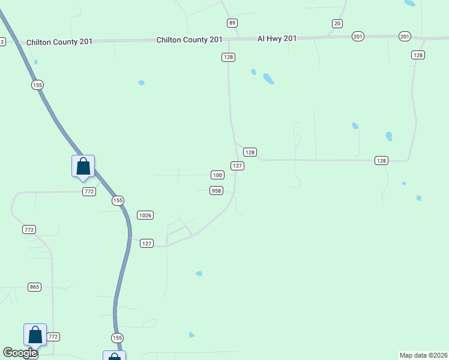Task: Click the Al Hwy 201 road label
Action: [277, 38]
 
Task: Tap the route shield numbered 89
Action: [232, 23]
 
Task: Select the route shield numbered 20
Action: [337, 23]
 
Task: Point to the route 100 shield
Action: [217, 175]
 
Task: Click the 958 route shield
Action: [216, 191]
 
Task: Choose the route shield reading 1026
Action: [145, 215]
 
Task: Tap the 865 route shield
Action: [34, 287]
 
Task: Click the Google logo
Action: [20, 353]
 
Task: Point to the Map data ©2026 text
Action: [423, 355]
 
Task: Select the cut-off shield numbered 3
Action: [2, 42]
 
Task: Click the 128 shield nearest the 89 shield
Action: [228, 57]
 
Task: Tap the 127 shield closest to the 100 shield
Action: [237, 166]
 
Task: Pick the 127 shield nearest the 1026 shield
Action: [147, 243]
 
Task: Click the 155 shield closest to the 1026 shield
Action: [118, 200]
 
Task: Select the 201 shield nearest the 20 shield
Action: [358, 37]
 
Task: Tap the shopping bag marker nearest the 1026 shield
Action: [83, 167]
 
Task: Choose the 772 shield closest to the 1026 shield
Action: [89, 191]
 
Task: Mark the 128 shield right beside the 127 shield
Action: [250, 152]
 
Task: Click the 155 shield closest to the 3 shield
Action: [38, 85]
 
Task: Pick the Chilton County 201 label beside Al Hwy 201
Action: [189, 40]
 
